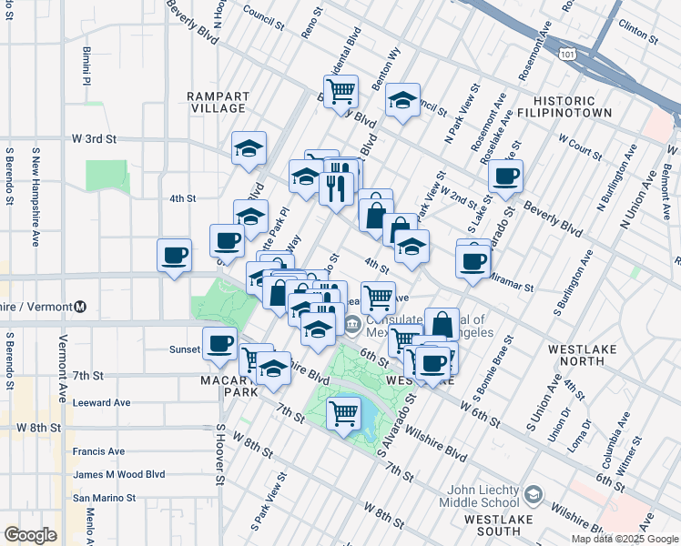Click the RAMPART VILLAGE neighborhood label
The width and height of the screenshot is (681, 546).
click(217, 102)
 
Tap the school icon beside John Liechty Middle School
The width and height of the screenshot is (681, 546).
click(534, 495)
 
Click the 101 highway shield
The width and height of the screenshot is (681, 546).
click(568, 55)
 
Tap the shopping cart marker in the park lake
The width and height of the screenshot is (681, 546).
click(344, 414)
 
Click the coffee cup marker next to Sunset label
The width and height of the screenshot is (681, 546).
click(218, 343)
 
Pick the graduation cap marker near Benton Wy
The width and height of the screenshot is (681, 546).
click(402, 100)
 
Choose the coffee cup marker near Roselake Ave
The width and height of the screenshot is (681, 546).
click(505, 177)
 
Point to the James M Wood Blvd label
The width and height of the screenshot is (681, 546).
click(119, 474)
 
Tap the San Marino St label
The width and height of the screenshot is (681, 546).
click(105, 498)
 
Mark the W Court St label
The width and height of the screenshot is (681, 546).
click(581, 146)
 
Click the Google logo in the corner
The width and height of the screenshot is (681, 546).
click(30, 535)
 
